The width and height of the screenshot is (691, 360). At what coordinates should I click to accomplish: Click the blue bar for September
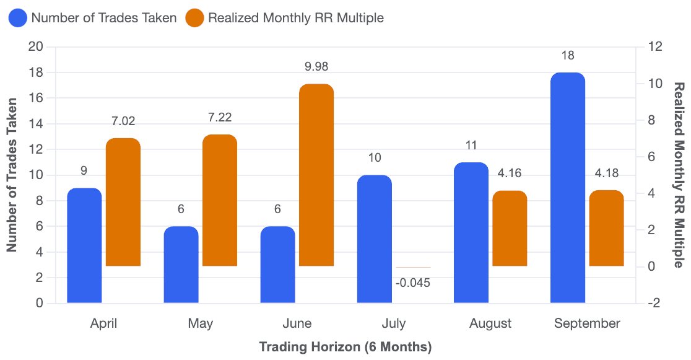click(568, 188)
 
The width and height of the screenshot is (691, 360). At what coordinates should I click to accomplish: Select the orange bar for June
click(316, 175)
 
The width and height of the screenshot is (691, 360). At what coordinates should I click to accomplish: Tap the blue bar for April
click(84, 245)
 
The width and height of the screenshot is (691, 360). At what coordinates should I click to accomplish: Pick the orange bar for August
click(510, 228)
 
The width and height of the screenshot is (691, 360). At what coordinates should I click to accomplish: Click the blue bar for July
click(374, 239)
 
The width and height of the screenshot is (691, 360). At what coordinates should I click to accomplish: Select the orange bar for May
click(219, 200)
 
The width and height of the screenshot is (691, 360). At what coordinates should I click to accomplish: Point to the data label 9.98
click(316, 67)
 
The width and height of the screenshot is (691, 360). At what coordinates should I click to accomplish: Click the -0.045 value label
click(413, 283)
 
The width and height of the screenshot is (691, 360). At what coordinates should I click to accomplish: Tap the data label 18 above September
click(568, 56)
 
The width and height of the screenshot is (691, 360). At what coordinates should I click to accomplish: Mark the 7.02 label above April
click(123, 121)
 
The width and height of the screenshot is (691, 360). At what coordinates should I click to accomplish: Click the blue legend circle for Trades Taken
click(18, 18)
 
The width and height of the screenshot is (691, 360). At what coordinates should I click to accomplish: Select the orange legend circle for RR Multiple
click(194, 18)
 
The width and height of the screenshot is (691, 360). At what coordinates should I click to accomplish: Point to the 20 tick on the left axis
click(36, 46)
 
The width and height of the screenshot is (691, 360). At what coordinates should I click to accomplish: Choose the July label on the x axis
click(394, 323)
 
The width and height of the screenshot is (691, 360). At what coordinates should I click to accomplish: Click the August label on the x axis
click(490, 323)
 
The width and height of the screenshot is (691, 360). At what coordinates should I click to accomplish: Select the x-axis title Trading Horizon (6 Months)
click(345, 347)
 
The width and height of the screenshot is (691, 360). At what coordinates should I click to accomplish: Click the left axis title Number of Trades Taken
click(12, 175)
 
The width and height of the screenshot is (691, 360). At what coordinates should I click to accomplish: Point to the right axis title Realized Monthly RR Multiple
click(679, 175)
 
